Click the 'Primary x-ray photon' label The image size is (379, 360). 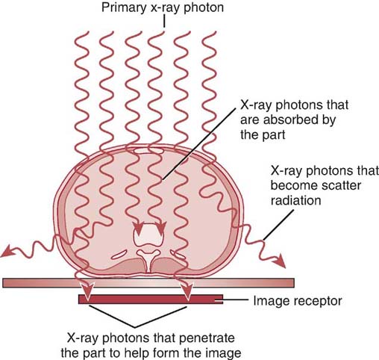click(156, 10)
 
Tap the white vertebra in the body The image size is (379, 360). click(148, 238)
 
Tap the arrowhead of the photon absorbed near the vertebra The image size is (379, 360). click(137, 227)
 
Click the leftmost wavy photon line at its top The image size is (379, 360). click(84, 36)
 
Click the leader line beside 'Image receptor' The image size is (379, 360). click(239, 301)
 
